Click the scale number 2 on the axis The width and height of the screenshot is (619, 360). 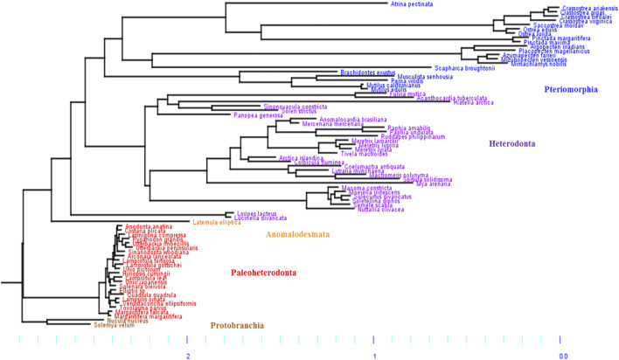tap(187, 356)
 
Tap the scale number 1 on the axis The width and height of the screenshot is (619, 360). tap(375, 356)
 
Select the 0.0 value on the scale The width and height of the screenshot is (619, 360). tap(563, 356)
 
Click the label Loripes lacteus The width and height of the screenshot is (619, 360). tap(258, 213)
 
